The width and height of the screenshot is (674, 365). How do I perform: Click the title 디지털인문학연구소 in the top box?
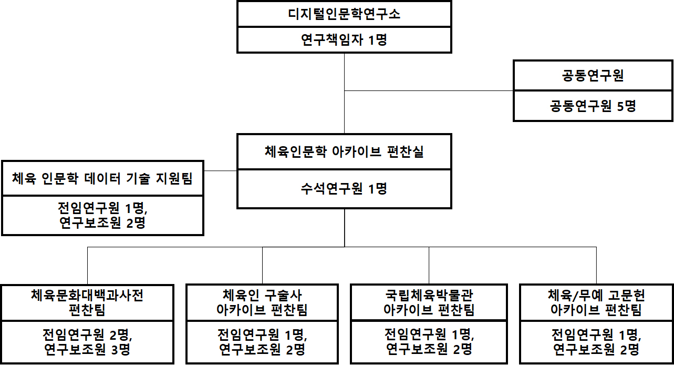point(344,14)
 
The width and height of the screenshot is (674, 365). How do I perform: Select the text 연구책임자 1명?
point(344,40)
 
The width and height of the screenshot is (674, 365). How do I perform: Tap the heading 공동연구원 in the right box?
point(593,76)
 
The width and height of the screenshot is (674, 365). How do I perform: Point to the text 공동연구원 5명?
point(593,106)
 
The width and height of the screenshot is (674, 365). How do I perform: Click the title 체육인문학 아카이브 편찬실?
point(344,153)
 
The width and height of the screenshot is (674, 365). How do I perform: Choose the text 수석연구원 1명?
point(344,189)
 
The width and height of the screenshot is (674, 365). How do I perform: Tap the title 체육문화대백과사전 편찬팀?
point(87,302)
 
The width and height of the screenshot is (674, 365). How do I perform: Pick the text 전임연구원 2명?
point(87,334)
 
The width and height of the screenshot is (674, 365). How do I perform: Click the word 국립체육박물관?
point(429,296)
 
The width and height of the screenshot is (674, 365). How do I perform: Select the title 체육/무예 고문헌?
point(596,296)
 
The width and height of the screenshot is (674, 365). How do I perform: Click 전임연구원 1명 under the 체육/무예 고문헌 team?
point(596,334)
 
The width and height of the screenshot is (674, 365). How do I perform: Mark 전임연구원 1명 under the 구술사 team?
point(262,334)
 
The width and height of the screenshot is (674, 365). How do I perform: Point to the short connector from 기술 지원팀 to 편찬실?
point(220,171)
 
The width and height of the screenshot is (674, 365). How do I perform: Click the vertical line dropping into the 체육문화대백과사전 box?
point(87,266)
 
